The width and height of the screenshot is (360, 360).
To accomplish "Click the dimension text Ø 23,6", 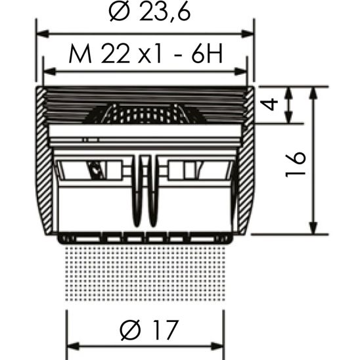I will click(x=146, y=14).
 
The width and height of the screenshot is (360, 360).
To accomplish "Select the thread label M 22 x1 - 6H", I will click(x=145, y=56).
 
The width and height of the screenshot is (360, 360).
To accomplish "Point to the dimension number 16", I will click(x=298, y=159).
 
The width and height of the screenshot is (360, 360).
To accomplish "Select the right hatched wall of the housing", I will click(x=246, y=164).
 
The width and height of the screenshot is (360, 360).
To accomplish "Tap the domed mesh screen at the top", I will click(x=145, y=114).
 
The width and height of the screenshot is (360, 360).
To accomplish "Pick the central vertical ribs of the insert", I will click(x=146, y=191).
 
